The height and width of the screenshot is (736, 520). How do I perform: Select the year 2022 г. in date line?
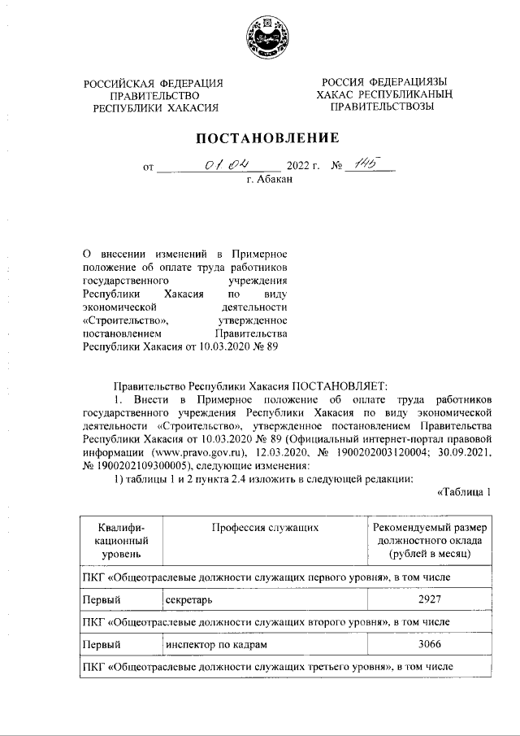[x=303, y=168]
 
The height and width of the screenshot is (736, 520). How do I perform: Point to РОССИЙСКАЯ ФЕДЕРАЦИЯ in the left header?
[x=154, y=83]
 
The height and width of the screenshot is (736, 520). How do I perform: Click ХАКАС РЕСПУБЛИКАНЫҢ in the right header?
[x=383, y=95]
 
